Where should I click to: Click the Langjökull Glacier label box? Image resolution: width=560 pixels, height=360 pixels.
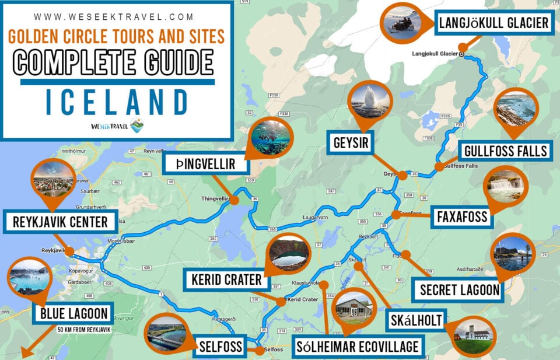click(x=494, y=23)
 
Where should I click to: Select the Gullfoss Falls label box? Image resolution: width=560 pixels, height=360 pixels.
click(x=505, y=151)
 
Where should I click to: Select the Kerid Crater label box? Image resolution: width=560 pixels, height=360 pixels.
click(x=226, y=280)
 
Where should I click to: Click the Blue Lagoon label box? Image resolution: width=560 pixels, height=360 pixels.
click(x=74, y=314)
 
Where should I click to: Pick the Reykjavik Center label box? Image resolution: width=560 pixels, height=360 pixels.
click(x=60, y=222)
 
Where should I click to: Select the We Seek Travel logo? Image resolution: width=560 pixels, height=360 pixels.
click(x=117, y=125)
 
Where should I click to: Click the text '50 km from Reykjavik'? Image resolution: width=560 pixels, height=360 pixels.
click(x=84, y=330)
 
